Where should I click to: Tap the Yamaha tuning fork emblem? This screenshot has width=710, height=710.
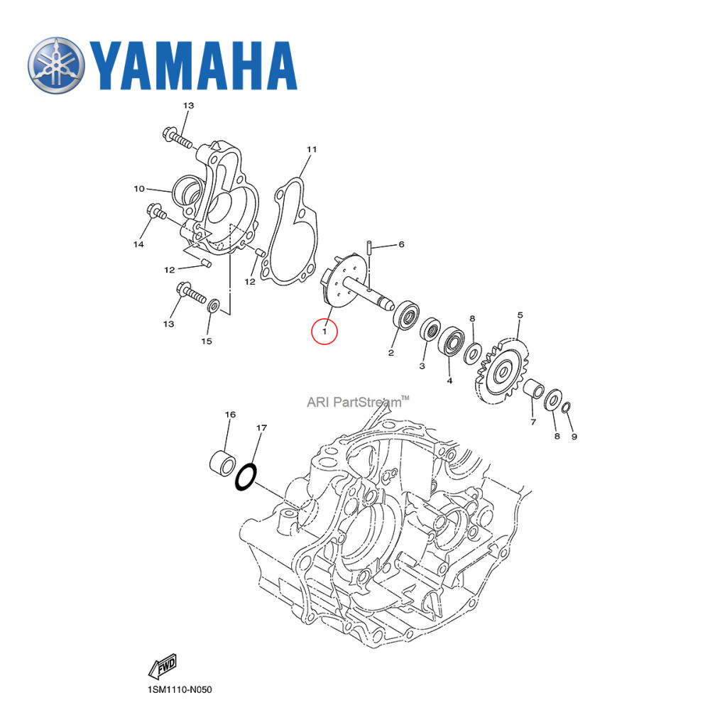pyautogui.click(x=55, y=65)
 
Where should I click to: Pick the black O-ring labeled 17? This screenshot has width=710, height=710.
pyautogui.click(x=245, y=477)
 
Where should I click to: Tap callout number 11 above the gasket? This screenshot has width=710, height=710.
pyautogui.click(x=311, y=150)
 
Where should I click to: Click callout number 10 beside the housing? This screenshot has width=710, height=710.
pyautogui.click(x=139, y=189)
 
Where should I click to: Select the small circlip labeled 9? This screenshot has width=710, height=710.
pyautogui.click(x=567, y=408)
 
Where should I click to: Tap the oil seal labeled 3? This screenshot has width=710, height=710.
pyautogui.click(x=429, y=331)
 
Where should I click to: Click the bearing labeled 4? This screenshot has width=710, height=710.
pyautogui.click(x=451, y=341)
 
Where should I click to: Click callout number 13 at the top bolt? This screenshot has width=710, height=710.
pyautogui.click(x=187, y=106)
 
